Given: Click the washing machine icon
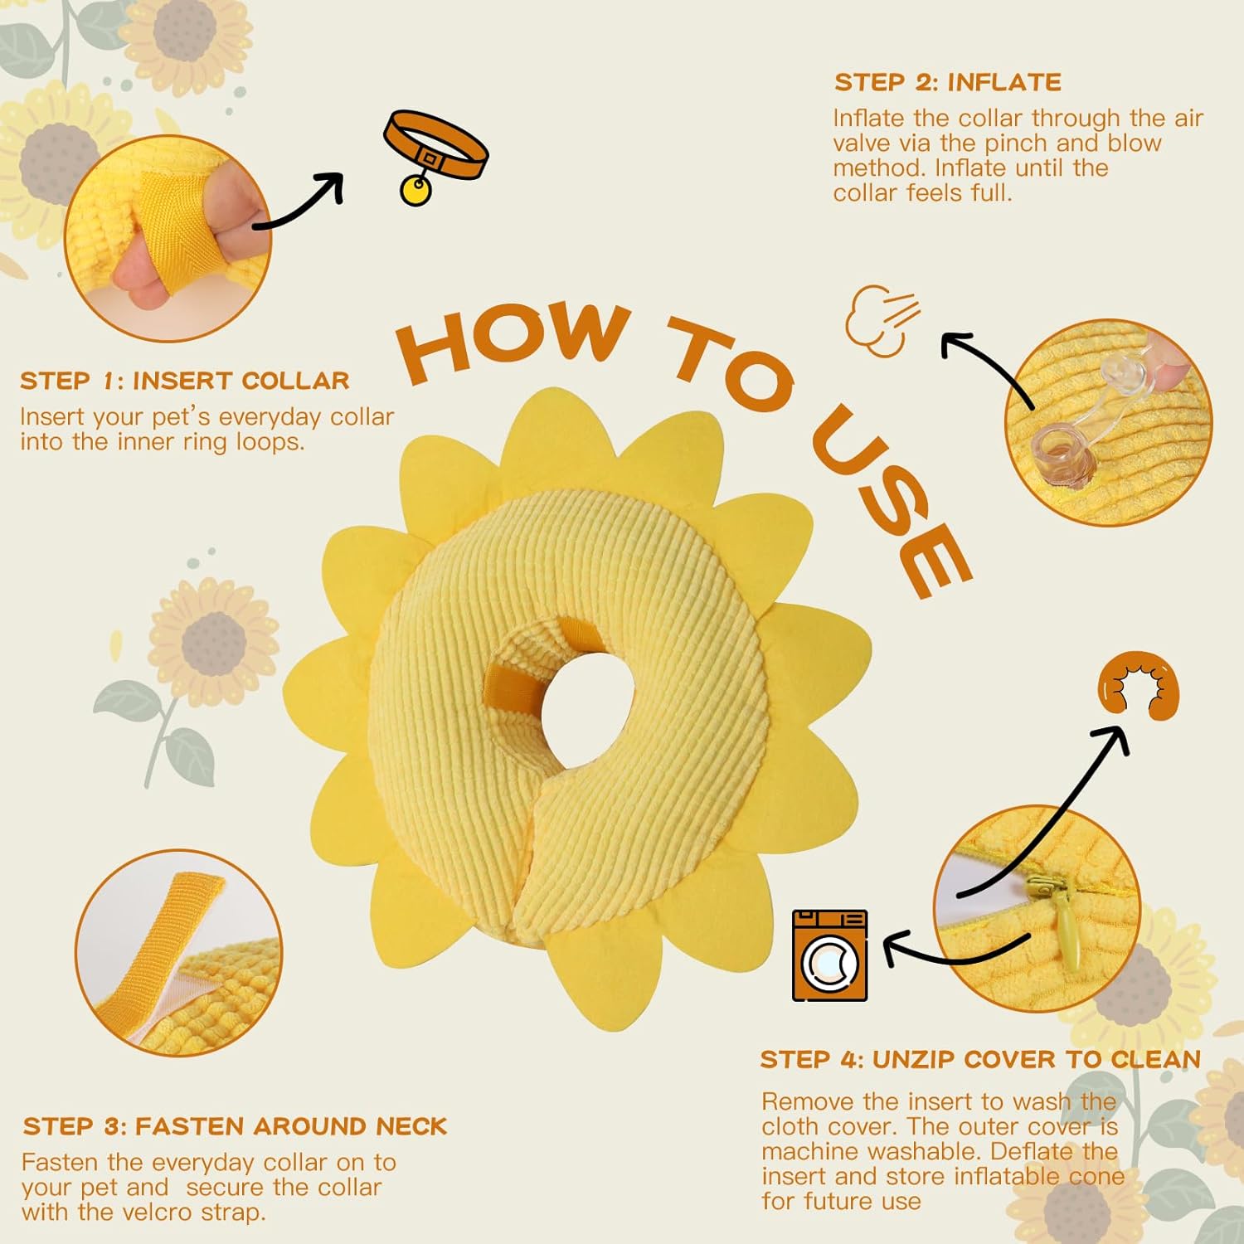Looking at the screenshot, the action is [830, 955].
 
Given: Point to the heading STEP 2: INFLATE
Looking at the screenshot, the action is [948, 82].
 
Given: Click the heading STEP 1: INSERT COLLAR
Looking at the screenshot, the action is [185, 381].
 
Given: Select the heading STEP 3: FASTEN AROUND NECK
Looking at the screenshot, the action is [235, 1126].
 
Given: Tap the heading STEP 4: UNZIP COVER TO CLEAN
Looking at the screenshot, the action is [980, 1059].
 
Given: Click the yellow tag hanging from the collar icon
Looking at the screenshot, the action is [415, 190].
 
